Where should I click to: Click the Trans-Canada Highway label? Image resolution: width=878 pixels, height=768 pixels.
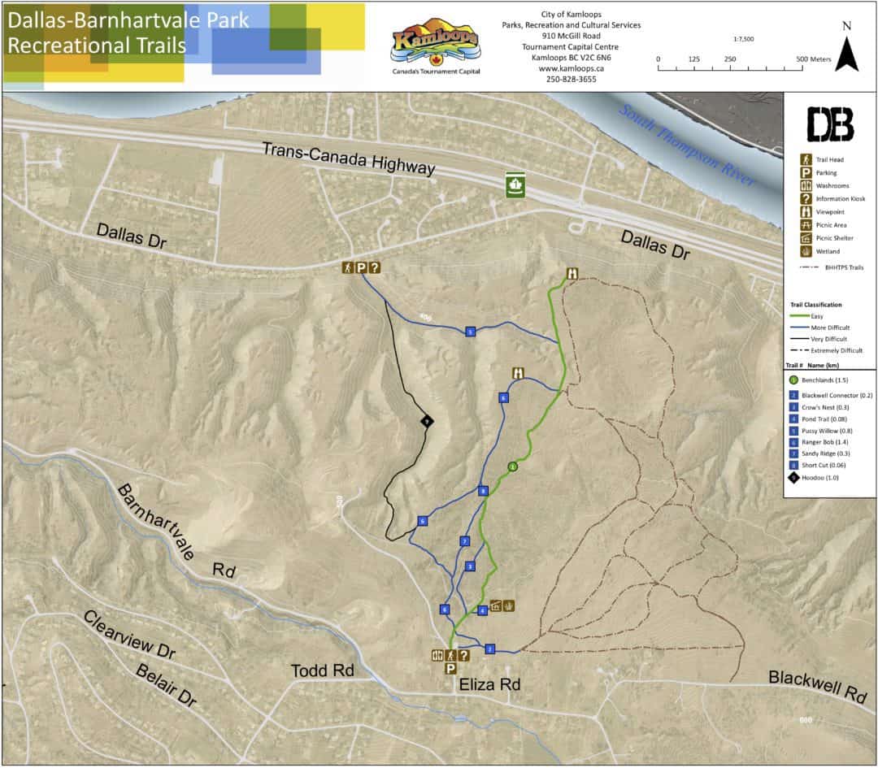coord(348,158)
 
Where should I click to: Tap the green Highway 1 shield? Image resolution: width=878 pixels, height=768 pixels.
coord(515,184)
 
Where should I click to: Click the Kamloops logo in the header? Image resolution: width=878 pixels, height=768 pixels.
coord(435,46)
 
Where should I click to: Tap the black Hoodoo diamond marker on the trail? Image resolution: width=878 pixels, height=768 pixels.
coord(426,421)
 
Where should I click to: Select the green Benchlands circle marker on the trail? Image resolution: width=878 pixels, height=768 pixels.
coord(512,466)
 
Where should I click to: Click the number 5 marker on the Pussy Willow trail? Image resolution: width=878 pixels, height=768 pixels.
coord(470,332)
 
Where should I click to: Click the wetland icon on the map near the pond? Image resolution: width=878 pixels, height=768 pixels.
coord(509,605)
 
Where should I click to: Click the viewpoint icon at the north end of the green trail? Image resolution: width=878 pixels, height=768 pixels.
coord(573,274)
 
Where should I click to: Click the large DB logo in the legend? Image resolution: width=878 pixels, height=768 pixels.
coord(829,124)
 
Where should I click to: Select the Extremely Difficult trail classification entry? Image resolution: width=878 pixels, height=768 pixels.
coord(829,350)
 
